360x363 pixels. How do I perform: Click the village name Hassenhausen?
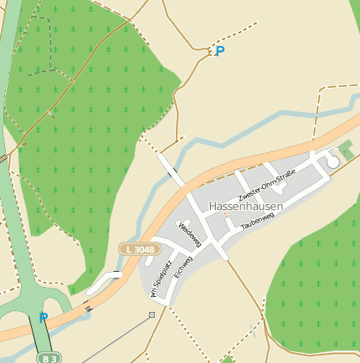[x=245, y=206]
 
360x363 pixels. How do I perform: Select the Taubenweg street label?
[x=257, y=221]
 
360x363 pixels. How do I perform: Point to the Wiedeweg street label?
[x=190, y=233]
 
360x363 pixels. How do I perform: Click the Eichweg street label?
[x=183, y=268]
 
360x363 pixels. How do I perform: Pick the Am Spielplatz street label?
[x=161, y=278]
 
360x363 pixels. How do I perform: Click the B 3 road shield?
[x=49, y=358]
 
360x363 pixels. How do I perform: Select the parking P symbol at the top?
[x=219, y=51]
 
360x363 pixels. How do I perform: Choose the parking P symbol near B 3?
[x=44, y=317]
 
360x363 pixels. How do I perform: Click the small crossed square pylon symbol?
[x=152, y=314]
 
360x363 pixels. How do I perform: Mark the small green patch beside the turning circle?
[x=345, y=151]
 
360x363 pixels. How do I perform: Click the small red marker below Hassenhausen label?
[x=224, y=216]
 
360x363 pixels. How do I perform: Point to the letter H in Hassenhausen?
[x=213, y=206]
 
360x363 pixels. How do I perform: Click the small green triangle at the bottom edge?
[x=227, y=360]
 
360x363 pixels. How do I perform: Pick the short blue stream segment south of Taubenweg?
[x=251, y=330]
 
